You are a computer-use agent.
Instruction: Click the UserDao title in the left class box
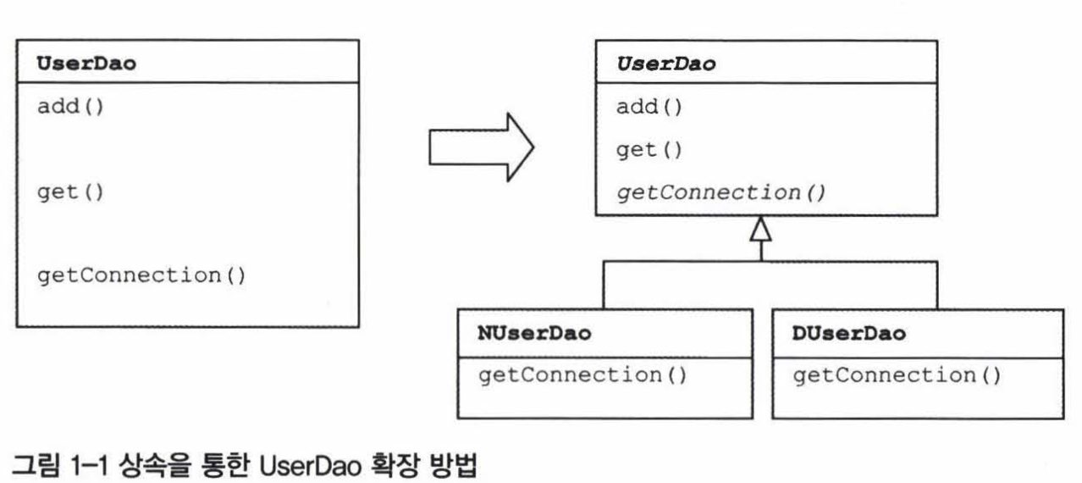click(86, 65)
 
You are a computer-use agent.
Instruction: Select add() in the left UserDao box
click(69, 108)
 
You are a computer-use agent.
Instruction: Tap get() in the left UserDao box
click(69, 192)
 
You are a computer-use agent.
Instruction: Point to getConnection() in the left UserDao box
click(141, 275)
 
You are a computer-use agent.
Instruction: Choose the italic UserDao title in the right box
click(665, 65)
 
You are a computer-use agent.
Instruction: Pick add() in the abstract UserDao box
click(649, 108)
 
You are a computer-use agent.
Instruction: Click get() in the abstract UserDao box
click(649, 150)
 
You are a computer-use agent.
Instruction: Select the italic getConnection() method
click(720, 192)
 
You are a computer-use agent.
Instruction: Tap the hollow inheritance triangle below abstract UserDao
click(761, 229)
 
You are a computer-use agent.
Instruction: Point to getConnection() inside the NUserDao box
click(582, 375)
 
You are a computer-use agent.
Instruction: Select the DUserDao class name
click(848, 333)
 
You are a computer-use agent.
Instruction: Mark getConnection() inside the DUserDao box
click(897, 375)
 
